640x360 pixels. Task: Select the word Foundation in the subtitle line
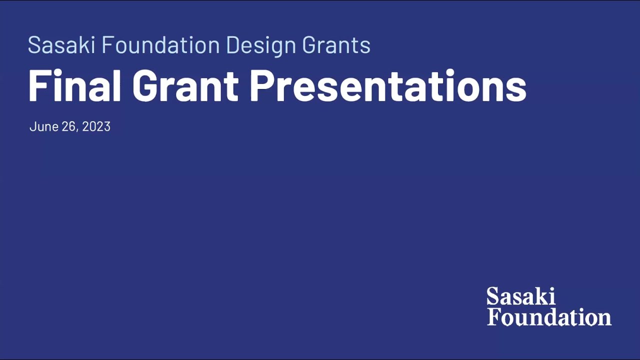click(x=160, y=45)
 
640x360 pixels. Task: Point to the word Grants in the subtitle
click(x=336, y=45)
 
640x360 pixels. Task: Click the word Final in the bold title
click(x=74, y=85)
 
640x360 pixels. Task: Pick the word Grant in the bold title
click(x=185, y=85)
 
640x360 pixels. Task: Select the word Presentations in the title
click(x=388, y=85)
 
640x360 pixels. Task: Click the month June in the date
click(x=44, y=126)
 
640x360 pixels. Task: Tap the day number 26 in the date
click(x=68, y=126)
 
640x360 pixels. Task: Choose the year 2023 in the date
click(x=96, y=126)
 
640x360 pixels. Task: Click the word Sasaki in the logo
click(x=520, y=296)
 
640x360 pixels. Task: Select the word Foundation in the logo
click(x=549, y=317)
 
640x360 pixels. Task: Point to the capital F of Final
click(x=38, y=85)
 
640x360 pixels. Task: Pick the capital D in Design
click(x=234, y=45)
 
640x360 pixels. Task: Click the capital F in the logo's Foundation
click(x=493, y=317)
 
